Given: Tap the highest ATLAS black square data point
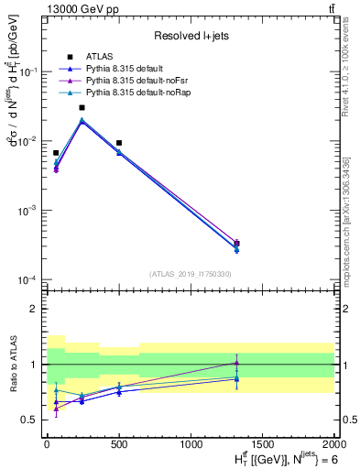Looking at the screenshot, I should [82, 107].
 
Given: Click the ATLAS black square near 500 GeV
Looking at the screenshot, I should [119, 143].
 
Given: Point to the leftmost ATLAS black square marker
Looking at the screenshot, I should [56, 153].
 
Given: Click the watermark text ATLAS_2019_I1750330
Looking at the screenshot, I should [190, 274].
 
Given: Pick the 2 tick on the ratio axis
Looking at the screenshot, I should [33, 309].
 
